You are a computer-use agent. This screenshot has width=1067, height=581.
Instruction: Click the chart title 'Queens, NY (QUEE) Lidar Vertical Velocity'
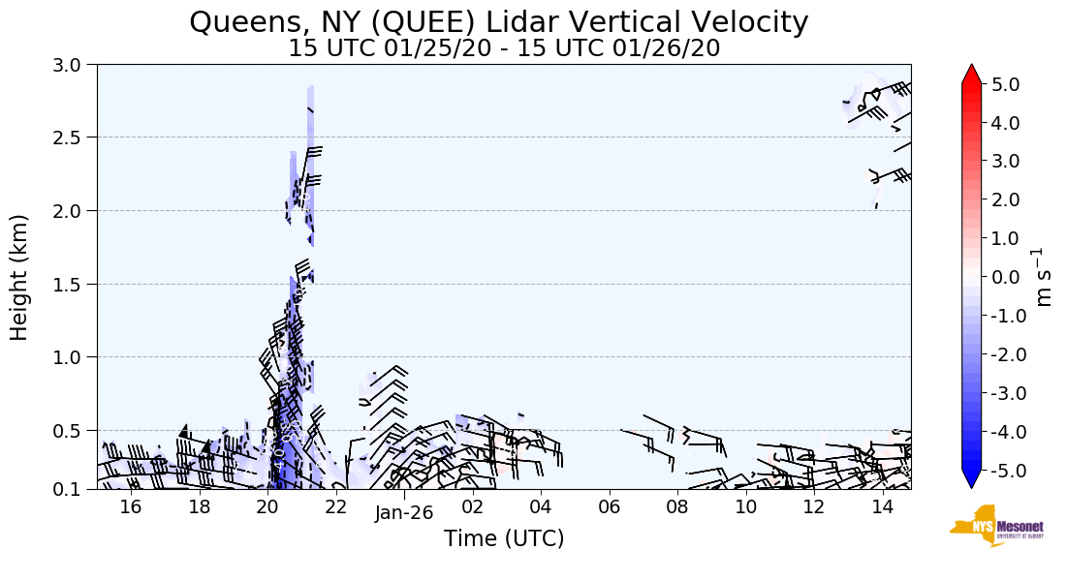coord(498,22)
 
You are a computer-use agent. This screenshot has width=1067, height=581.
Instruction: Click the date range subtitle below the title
coord(504,48)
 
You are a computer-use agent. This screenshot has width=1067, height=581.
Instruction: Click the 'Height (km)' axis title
coord(20,277)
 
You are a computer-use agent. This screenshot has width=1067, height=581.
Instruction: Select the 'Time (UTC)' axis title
coord(504,539)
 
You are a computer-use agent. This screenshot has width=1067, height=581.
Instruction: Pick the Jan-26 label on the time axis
coord(404,513)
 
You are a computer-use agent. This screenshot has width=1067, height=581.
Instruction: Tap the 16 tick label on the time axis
coord(131,507)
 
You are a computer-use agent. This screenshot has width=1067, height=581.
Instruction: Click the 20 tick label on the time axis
coord(267,507)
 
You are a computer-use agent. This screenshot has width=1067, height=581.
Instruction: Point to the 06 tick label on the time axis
coord(610,507)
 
